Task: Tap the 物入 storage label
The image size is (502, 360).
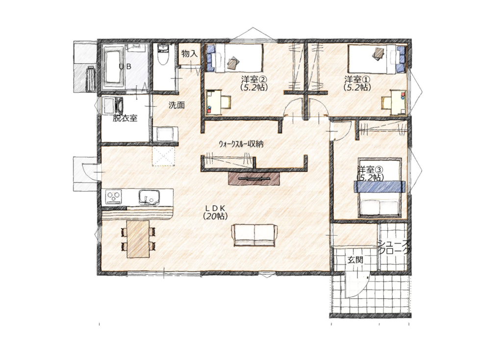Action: pos(189,53)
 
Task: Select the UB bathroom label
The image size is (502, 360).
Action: pos(125,67)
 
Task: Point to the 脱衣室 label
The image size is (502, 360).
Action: pos(125,118)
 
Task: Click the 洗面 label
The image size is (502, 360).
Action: pos(176,105)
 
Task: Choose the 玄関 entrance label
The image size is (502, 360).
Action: pos(355,260)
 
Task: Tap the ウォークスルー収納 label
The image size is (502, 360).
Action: pos(241,144)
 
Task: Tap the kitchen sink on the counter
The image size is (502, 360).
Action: pos(149,197)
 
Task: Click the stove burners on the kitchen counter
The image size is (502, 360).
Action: pos(114,196)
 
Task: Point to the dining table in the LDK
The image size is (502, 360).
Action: pos(138,239)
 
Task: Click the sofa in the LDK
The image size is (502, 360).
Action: pos(255,235)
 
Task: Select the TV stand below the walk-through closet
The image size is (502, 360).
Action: pos(254,178)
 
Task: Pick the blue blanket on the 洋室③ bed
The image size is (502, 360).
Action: pos(380,186)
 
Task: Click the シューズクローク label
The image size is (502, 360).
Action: pos(394,247)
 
